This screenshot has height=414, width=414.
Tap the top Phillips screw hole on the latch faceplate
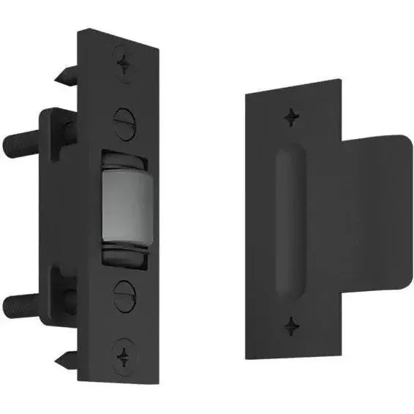tap(125, 63)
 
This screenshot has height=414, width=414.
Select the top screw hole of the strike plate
tap(292, 115)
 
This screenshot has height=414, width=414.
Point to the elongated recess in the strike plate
tap(287, 219)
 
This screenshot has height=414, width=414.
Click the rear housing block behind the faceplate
tap(55, 219)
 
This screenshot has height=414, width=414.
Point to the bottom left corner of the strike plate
tap(247, 356)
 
